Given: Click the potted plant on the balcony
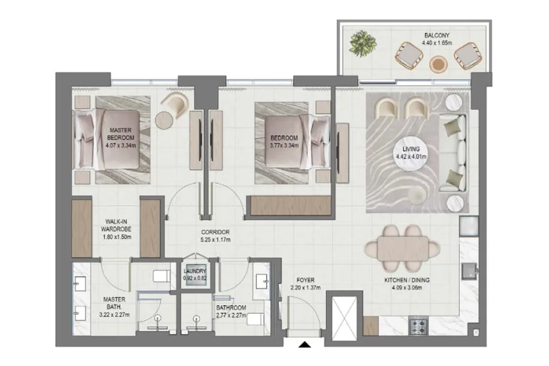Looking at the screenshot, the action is point(363,43).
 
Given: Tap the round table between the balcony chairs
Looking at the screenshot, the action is point(438,65).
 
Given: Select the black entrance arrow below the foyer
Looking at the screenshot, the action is point(304,344).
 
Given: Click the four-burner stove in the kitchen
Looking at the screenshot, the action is point(419,326).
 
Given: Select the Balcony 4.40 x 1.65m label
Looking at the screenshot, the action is point(436,39).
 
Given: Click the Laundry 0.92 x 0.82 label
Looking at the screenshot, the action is point(195,275).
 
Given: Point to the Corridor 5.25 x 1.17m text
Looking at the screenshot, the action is point(216,236).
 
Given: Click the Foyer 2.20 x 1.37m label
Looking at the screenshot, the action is point(305,284).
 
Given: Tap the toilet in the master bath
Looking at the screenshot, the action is point(162,276).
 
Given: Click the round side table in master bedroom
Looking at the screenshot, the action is point(164,120).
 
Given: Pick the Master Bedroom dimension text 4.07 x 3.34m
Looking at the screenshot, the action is point(120,145).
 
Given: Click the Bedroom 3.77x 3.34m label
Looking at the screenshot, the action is point(284,142).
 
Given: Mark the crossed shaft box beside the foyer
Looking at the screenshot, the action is point(344,319).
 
